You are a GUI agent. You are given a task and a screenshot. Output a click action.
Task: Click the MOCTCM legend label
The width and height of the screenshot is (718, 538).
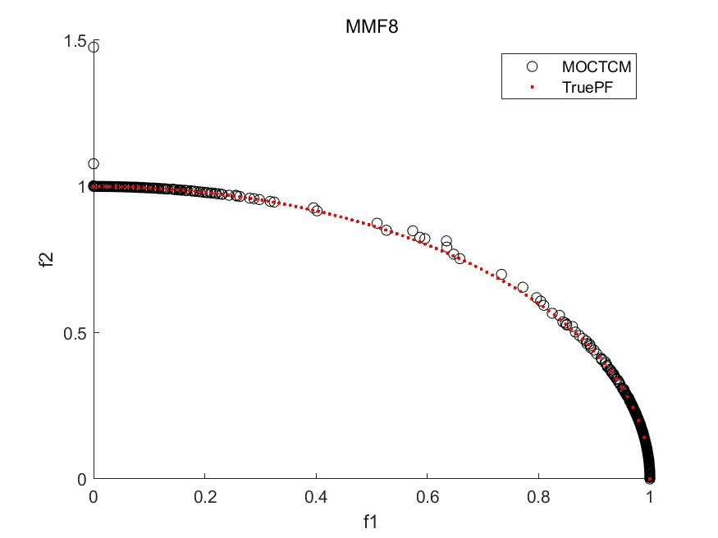596,66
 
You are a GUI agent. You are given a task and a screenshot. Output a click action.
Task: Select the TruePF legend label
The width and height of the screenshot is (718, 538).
584,86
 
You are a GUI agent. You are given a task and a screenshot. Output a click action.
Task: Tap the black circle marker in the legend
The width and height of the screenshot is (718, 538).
532,66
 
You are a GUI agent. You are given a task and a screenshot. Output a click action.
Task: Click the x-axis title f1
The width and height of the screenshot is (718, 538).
372,520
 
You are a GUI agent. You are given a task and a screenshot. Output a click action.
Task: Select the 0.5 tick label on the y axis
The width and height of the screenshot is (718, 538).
75,333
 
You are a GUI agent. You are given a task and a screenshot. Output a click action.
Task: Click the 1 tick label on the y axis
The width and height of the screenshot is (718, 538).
82,186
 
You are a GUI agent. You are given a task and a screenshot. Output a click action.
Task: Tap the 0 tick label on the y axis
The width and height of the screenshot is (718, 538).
82,479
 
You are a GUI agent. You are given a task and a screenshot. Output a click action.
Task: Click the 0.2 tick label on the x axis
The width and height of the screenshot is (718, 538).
205,496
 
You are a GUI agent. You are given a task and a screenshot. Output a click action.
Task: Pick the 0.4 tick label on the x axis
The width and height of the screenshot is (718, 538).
316,496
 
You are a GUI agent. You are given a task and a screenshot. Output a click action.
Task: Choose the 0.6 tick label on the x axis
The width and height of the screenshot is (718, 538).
428,496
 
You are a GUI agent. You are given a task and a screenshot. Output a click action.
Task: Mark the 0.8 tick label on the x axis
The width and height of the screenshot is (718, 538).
538,496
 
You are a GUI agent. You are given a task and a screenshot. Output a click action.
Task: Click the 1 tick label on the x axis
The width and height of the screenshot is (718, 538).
650,496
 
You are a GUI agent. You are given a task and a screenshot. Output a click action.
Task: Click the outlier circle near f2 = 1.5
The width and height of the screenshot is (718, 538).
94,47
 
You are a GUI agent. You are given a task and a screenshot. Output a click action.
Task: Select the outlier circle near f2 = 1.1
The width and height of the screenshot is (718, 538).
94,164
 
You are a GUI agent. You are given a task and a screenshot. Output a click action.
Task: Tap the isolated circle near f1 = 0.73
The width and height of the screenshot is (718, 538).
501,275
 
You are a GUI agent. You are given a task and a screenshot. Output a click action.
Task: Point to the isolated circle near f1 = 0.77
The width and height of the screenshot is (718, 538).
523,287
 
